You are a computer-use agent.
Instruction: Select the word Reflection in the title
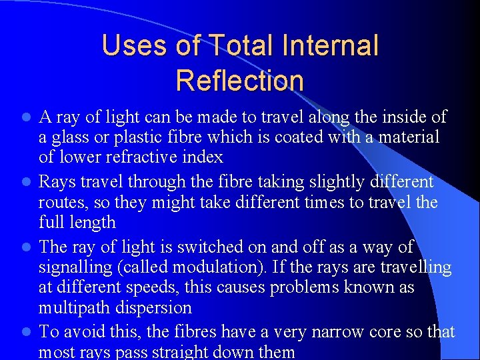[x=240, y=80]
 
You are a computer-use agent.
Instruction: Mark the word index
[x=204, y=158]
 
